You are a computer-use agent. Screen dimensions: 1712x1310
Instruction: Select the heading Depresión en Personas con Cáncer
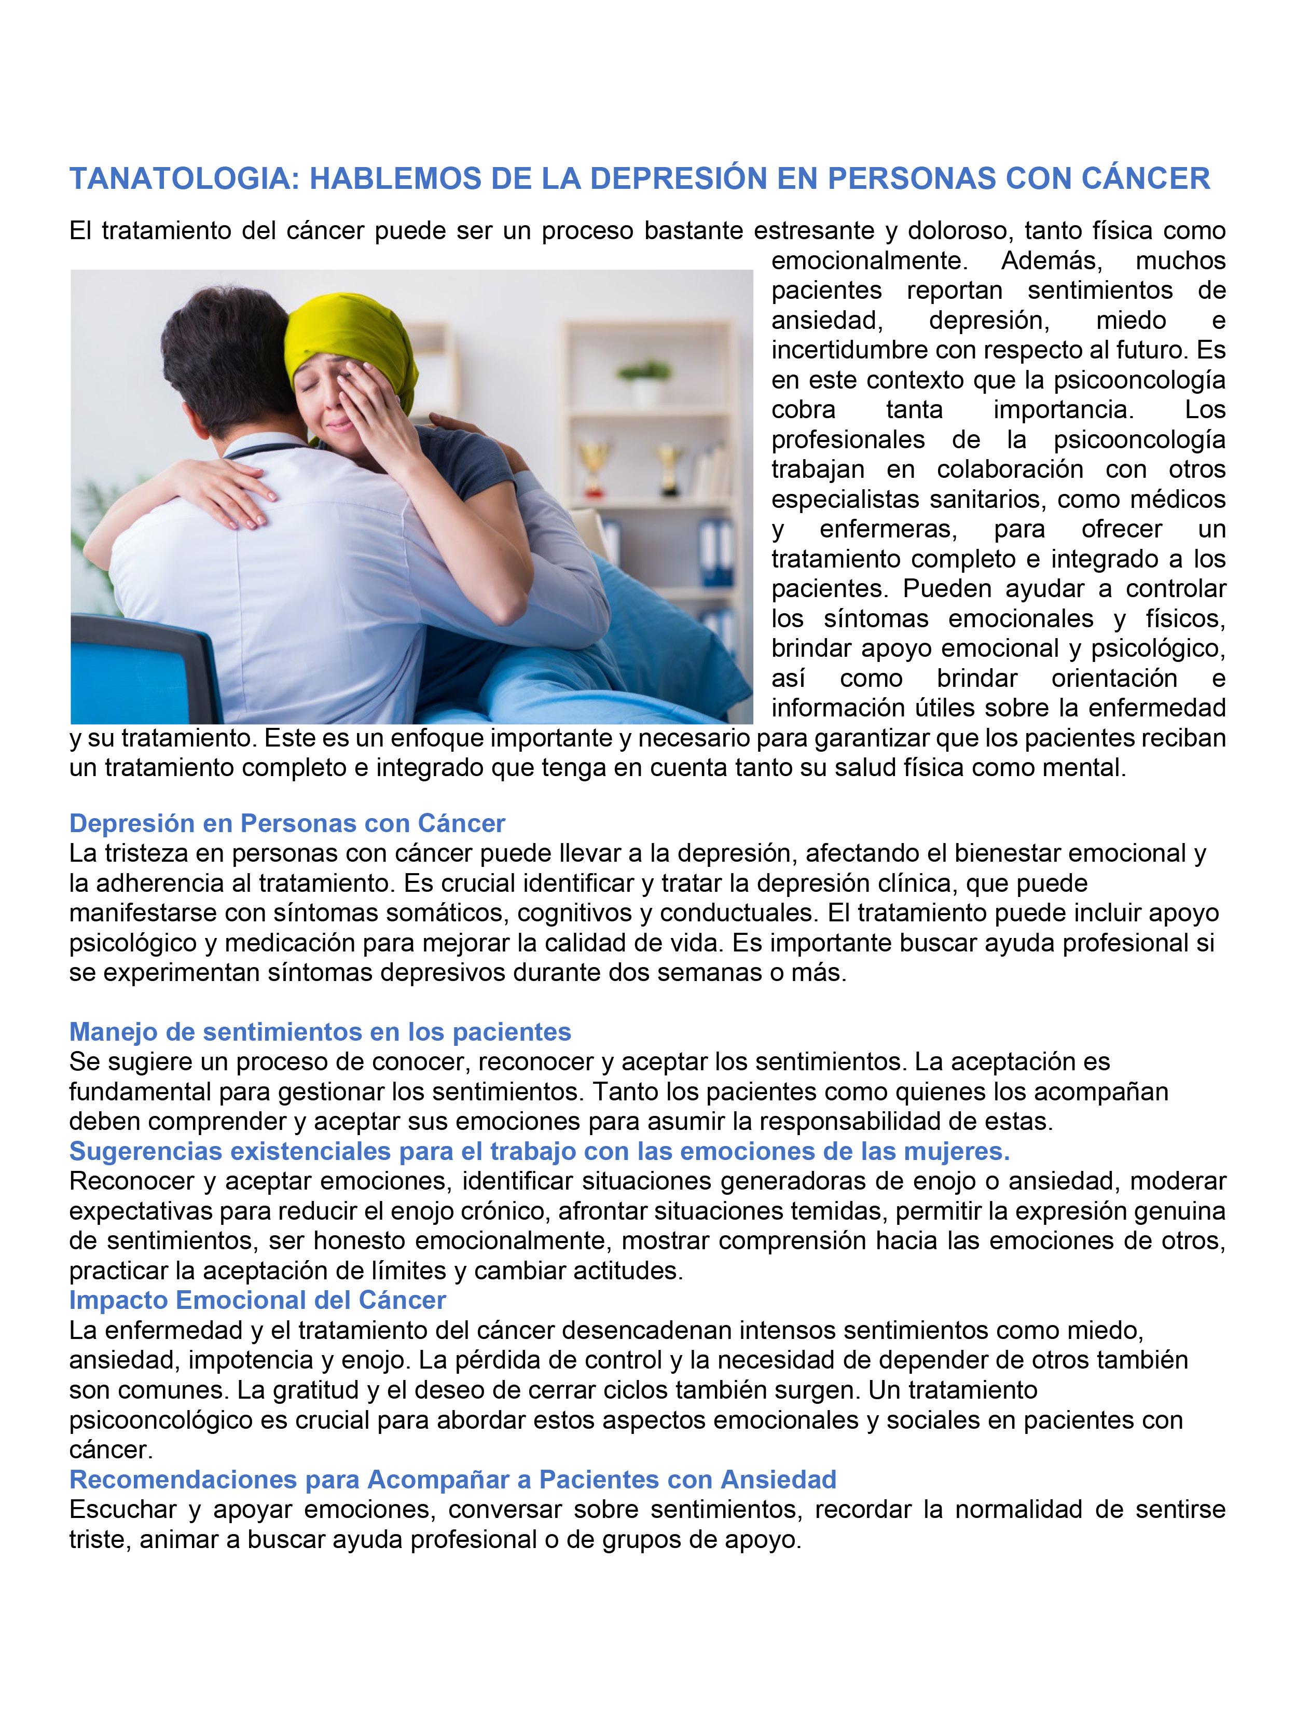(x=287, y=823)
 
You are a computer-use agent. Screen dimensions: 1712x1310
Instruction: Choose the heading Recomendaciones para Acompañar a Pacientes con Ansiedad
(x=452, y=1479)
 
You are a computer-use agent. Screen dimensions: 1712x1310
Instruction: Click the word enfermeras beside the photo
(x=888, y=529)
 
